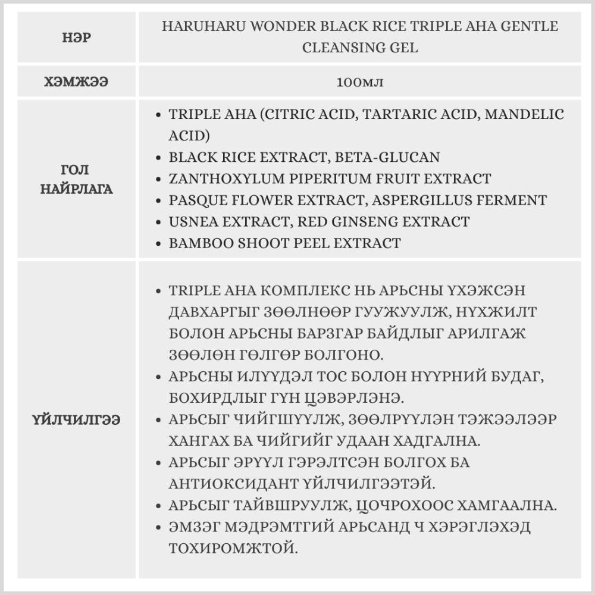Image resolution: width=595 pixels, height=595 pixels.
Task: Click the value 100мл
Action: coord(359,82)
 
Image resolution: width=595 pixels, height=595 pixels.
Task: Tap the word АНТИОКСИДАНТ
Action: coord(227,484)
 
